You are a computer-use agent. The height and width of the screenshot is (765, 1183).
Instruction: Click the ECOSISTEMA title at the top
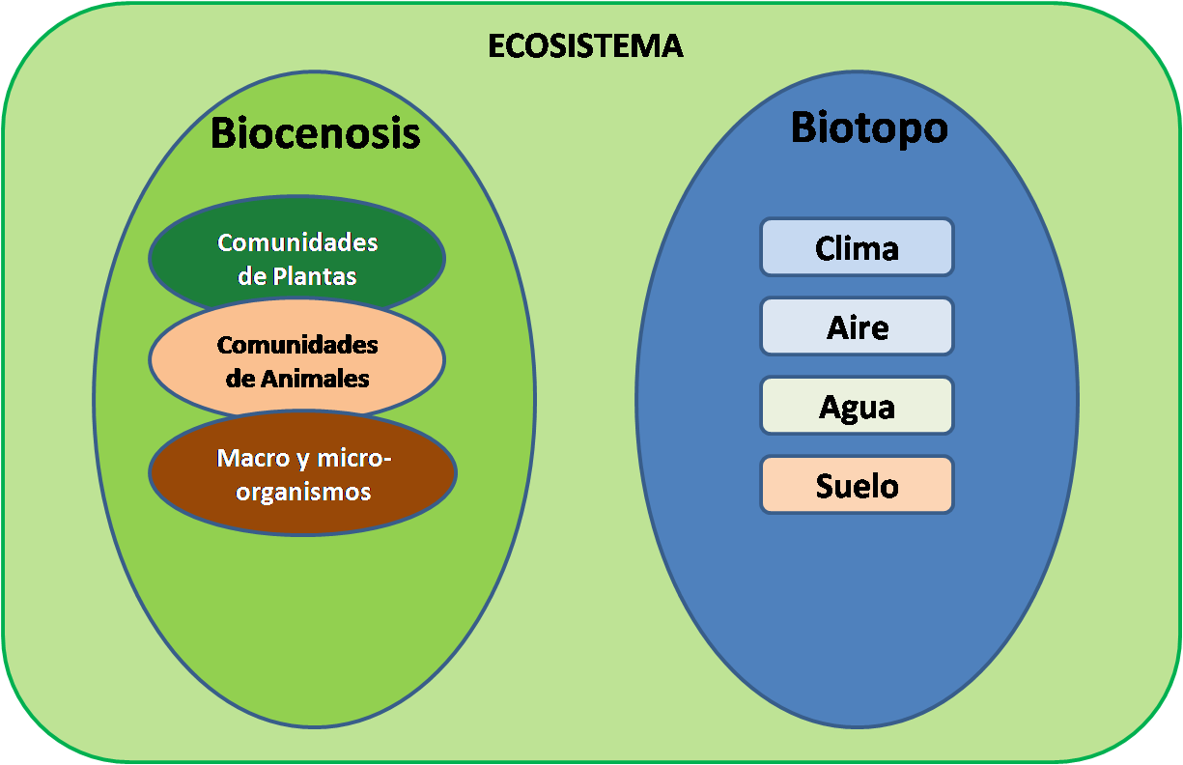585,46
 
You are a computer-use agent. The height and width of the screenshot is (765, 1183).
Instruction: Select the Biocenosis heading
316,133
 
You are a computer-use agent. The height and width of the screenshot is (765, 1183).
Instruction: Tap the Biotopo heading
869,127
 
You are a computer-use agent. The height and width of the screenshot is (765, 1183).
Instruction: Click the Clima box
857,248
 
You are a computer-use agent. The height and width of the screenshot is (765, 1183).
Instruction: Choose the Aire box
857,327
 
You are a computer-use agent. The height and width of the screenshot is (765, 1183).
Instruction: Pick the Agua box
857,407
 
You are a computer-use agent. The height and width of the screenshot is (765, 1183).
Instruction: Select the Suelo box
857,486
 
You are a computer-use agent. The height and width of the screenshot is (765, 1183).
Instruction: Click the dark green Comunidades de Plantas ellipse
296,257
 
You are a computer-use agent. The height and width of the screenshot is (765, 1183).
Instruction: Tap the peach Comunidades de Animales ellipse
296,359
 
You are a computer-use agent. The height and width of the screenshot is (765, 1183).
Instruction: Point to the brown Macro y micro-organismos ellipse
302,473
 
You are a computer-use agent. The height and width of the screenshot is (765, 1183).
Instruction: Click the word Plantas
314,277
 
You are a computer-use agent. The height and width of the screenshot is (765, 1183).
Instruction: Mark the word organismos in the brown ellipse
304,492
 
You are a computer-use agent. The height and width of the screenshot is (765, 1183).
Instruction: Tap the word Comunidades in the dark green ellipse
297,242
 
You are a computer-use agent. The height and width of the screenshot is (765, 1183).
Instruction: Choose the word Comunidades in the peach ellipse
297,345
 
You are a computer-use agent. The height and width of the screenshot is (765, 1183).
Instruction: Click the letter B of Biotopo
804,127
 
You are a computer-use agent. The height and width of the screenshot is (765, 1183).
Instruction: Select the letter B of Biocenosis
224,133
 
